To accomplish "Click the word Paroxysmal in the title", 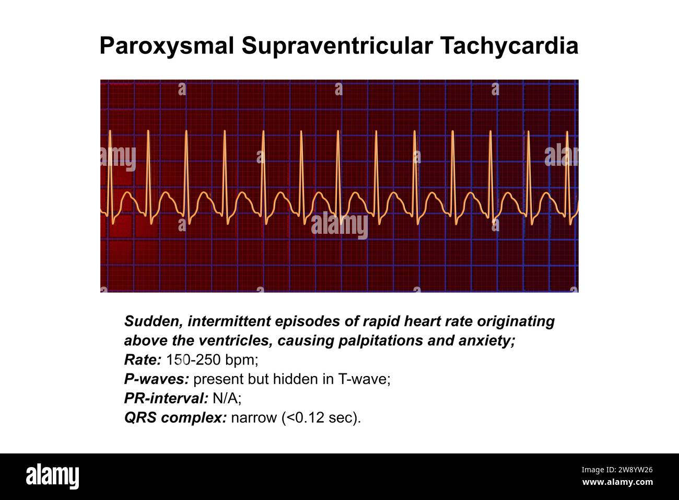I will pos(167,46).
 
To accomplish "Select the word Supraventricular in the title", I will pos(336,46).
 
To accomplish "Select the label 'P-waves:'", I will pos(156,379).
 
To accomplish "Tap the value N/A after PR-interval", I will pos(226,399).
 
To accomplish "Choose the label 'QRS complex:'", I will pos(175,418).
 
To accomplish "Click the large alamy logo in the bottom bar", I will pos(53,476).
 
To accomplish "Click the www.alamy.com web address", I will pos(617,482).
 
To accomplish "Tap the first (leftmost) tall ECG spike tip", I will pos(110,131).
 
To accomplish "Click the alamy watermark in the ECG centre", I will pos(340,226).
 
